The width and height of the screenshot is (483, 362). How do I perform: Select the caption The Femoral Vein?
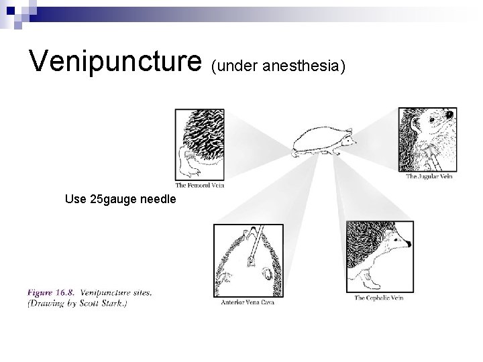pos(199,185)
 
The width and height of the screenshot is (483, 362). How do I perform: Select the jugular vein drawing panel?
pos(427,140)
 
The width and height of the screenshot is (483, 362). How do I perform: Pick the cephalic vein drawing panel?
pos(380,257)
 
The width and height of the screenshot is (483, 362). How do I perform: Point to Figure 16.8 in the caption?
pos(50,292)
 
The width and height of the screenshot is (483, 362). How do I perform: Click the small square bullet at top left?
pos(8,8)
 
